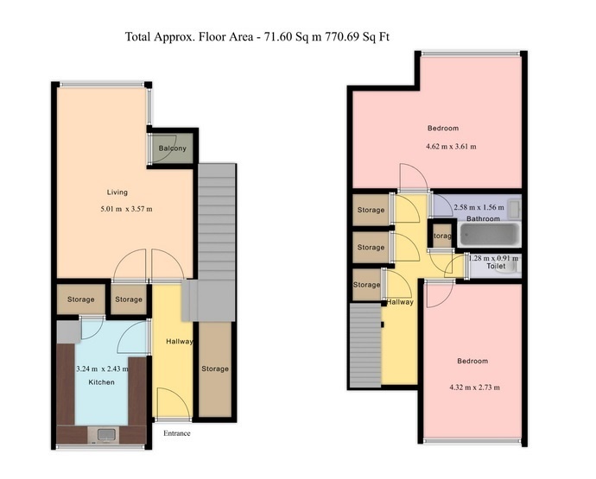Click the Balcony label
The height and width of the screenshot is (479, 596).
(x=172, y=148)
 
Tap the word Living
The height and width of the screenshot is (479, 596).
(x=117, y=192)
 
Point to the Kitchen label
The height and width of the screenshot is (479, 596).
(x=100, y=381)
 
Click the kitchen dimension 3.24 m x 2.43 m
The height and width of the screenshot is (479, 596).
(x=102, y=369)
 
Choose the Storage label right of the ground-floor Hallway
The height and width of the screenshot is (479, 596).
(x=215, y=369)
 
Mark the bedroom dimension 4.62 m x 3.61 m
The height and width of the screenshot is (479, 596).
(x=451, y=146)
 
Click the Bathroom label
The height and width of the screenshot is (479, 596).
(x=483, y=219)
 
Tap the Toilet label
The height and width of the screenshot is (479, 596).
(x=496, y=267)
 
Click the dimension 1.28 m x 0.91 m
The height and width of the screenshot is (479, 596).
(x=493, y=258)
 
